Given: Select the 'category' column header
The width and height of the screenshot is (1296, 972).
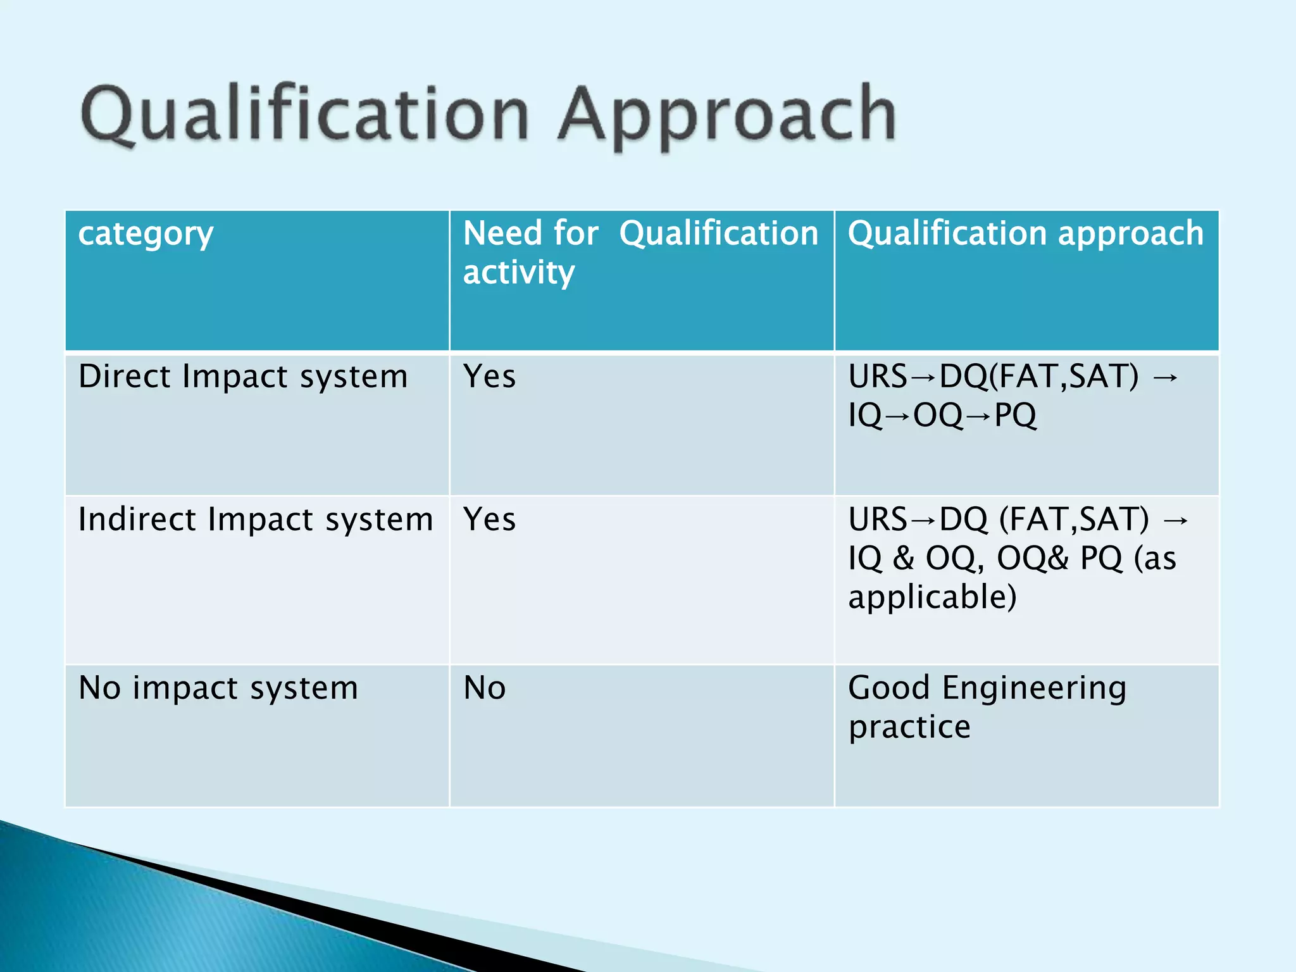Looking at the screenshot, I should [x=146, y=234].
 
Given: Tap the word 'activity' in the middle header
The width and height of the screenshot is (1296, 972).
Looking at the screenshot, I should [x=518, y=273].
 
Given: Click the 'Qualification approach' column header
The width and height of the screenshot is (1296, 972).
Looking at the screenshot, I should [x=1025, y=234].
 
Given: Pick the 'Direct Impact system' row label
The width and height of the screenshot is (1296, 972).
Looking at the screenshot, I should [x=243, y=377].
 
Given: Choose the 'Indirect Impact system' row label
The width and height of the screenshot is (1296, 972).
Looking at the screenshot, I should [x=256, y=520].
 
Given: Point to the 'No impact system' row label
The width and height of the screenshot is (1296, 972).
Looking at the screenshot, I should [x=218, y=688].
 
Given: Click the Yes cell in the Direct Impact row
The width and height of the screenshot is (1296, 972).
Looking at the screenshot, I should [x=489, y=377].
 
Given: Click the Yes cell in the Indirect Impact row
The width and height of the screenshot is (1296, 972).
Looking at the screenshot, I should [x=489, y=520].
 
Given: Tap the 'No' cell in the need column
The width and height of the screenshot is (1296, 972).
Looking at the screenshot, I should [x=484, y=688].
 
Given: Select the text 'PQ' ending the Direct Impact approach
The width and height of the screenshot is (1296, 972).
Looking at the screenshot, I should [x=1015, y=416].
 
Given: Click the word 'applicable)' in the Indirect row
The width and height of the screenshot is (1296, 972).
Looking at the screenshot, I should [x=932, y=597].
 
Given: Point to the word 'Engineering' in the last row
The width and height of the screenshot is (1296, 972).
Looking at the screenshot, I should [x=1034, y=688].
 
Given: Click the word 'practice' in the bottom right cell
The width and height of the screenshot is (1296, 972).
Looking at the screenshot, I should [x=909, y=727].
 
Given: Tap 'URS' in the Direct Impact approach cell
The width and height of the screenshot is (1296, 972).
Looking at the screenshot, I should [x=878, y=377].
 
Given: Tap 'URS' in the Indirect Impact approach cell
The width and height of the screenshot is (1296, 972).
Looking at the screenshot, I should [x=878, y=520].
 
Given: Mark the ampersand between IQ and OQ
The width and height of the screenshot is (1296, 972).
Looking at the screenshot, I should [x=904, y=558].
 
